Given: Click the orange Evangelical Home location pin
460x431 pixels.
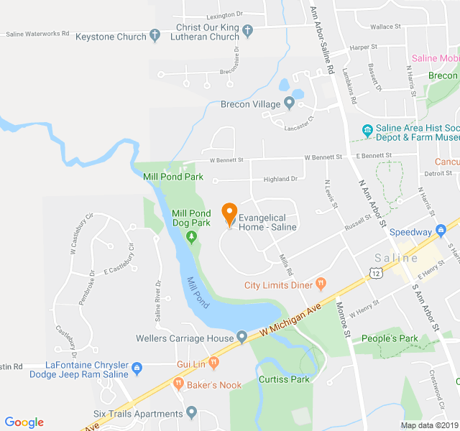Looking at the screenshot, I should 229,214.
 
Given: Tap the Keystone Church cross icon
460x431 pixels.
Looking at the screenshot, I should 155,36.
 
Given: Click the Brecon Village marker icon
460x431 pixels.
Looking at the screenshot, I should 289,104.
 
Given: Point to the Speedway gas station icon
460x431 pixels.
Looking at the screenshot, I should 442,231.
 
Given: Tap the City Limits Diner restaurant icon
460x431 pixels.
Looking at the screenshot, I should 321,284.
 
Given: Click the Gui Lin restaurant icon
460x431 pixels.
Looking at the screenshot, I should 213,364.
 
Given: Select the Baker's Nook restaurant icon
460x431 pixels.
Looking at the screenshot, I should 178,384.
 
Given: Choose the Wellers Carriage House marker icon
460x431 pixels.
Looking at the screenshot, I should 242,338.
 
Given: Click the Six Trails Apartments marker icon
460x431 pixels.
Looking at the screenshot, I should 191,413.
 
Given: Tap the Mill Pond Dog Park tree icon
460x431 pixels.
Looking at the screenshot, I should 191,237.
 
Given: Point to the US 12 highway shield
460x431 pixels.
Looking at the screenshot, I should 375,272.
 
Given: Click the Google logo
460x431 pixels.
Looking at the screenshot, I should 24,422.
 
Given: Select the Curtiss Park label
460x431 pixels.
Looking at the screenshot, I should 283,379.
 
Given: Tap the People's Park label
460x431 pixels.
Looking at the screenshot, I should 390,338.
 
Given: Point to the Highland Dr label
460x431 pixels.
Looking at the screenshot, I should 280,179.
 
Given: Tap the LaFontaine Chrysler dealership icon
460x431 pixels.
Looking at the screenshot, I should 137,369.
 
